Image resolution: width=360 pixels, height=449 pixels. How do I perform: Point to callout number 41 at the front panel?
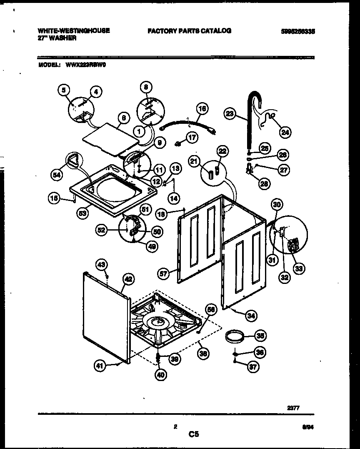click(98, 366)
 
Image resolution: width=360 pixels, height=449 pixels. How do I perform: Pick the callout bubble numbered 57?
click(163, 273)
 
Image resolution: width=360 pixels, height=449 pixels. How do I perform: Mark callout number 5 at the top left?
click(63, 89)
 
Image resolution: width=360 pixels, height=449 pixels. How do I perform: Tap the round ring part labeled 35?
click(235, 336)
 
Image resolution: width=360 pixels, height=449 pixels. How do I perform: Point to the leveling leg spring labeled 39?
click(159, 358)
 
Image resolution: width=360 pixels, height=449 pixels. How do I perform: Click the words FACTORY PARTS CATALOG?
click(189, 31)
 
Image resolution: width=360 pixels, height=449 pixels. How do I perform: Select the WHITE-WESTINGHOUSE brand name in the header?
click(74, 31)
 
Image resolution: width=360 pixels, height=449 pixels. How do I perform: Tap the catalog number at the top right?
click(297, 31)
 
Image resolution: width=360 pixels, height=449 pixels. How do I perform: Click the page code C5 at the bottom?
click(193, 434)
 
